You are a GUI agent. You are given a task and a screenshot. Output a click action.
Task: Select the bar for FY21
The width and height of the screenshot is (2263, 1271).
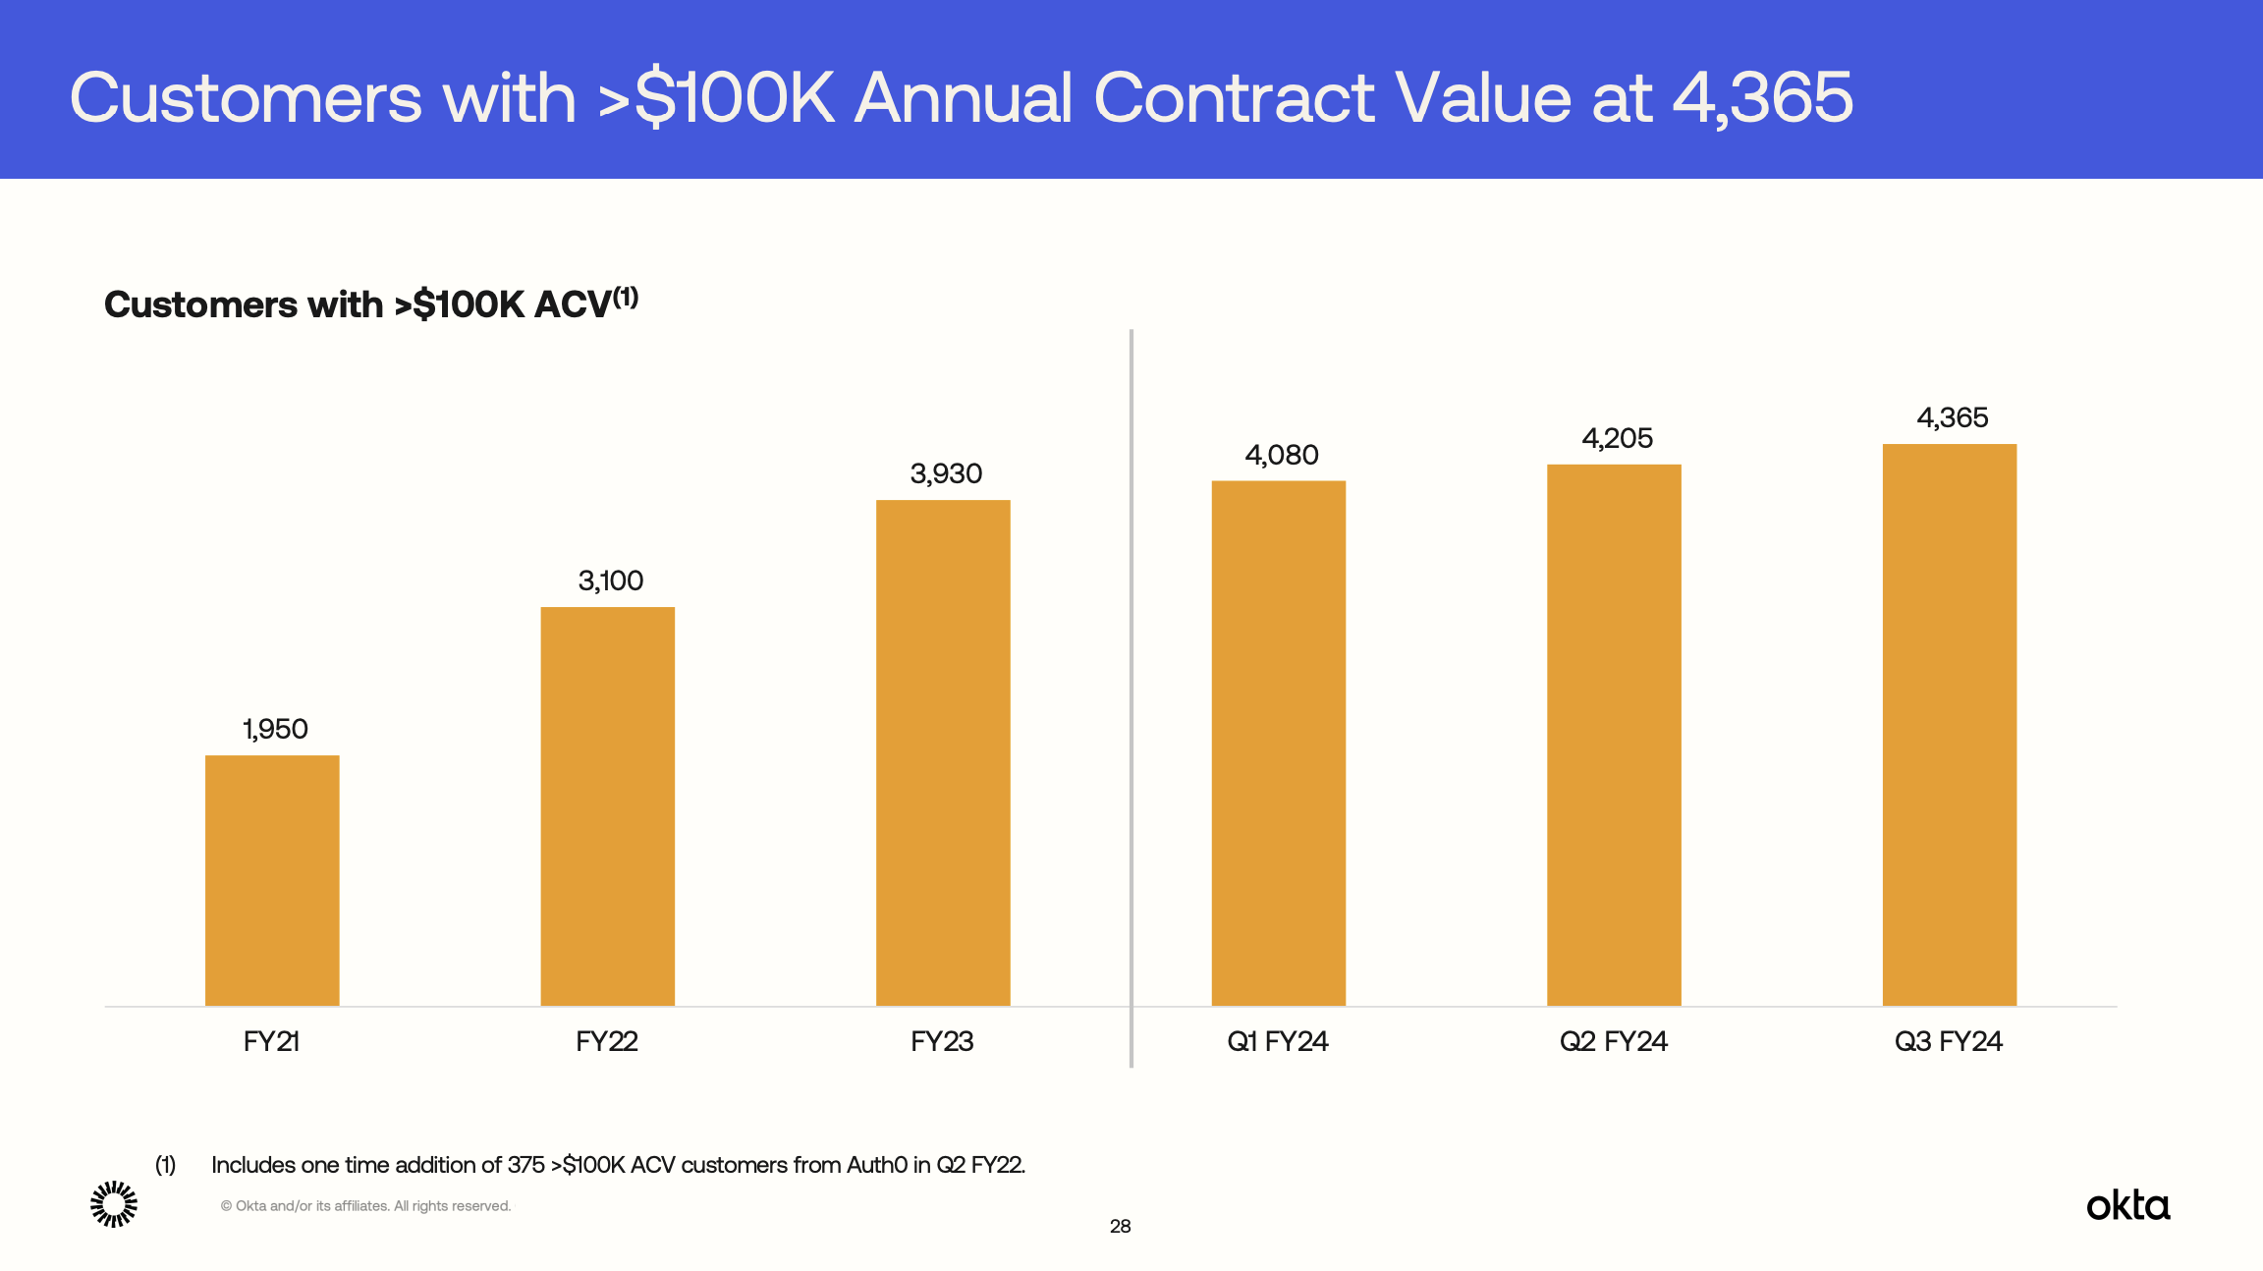[x=272, y=880]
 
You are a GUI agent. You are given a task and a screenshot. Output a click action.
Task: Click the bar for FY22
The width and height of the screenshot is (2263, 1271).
[x=607, y=805]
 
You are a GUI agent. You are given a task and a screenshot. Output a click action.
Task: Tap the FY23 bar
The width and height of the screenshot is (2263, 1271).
[x=943, y=752]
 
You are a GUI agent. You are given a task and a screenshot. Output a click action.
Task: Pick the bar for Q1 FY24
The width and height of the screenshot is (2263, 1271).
[x=1278, y=743]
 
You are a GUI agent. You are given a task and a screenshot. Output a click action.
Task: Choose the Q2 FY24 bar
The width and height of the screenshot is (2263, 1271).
[x=1614, y=735]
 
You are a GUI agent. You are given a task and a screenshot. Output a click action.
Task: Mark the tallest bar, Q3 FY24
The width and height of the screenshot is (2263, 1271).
[x=1949, y=725]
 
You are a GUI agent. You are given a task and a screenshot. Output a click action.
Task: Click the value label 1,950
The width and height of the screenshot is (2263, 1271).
[x=275, y=729]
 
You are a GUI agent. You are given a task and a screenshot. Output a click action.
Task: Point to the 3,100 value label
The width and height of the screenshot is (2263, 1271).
[x=610, y=580]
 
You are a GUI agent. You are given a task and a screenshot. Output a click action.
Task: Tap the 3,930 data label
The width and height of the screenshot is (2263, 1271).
[x=946, y=473]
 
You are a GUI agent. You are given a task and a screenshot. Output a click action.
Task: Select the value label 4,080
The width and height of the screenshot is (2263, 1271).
[x=1281, y=455]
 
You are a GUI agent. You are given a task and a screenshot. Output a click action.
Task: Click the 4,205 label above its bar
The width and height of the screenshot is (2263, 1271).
[x=1617, y=438]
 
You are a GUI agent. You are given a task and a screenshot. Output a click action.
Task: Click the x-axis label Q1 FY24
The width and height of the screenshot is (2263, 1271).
[x=1277, y=1041]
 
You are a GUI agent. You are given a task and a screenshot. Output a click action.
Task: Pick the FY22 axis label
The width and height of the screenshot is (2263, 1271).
[x=606, y=1041]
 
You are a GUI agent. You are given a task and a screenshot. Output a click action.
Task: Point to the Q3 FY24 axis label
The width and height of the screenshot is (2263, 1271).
[x=1948, y=1041]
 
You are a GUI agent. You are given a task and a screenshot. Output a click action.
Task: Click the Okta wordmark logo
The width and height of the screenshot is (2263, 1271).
[x=2127, y=1205]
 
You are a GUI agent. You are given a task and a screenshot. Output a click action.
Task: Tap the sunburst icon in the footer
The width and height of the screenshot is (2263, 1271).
[x=114, y=1204]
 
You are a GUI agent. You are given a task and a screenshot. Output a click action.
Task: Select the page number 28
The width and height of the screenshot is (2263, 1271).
[x=1120, y=1226]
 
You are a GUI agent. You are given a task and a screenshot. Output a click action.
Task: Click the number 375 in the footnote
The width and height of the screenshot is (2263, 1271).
[x=525, y=1165]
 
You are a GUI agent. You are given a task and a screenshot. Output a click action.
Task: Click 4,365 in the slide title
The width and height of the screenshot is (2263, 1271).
[x=1762, y=98]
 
